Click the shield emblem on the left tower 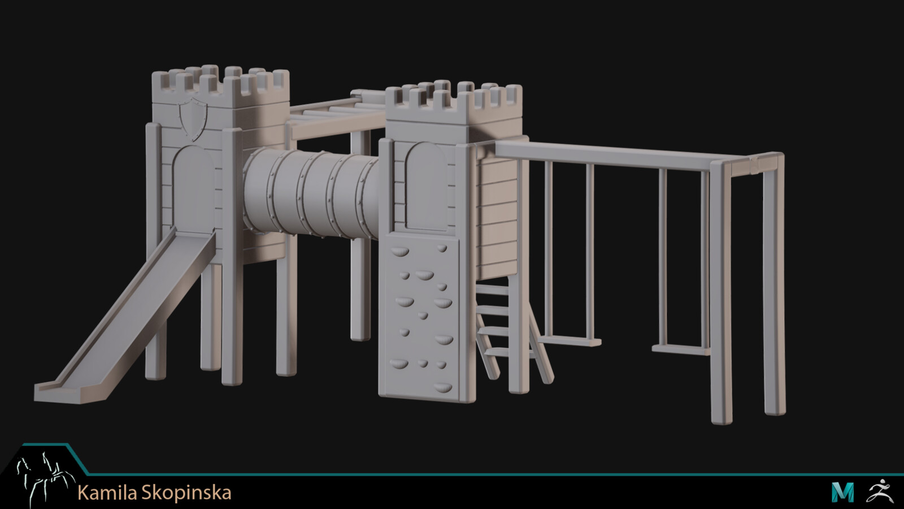tap(193, 118)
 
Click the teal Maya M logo tap(842, 492)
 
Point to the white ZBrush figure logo tap(880, 491)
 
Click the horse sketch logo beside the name tap(45, 478)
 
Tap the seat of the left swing tap(569, 342)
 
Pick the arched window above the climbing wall tap(427, 186)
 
